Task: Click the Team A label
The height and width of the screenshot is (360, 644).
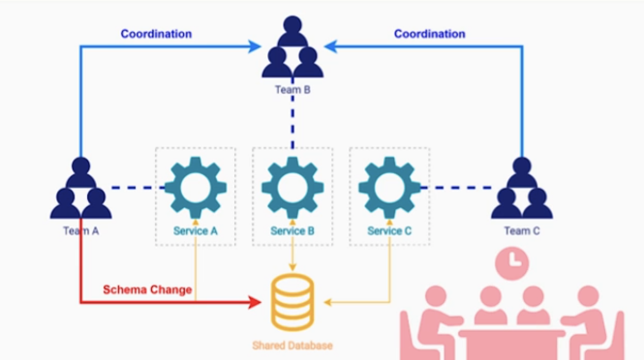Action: [x=81, y=231]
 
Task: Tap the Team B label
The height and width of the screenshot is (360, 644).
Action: [x=292, y=90]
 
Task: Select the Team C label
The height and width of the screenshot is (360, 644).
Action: [x=522, y=231]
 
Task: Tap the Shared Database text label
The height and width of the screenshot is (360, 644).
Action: [x=292, y=345]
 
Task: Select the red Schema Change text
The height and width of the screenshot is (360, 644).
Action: [x=148, y=290]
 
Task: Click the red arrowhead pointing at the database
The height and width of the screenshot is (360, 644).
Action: [x=255, y=302]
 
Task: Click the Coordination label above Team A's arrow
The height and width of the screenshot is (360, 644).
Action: [x=156, y=34]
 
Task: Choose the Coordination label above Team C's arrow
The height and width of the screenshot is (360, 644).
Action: [x=429, y=34]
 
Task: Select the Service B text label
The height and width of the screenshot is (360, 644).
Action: [x=292, y=231]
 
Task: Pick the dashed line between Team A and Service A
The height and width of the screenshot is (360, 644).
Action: [x=138, y=188]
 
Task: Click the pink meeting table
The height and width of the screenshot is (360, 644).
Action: [x=512, y=345]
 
